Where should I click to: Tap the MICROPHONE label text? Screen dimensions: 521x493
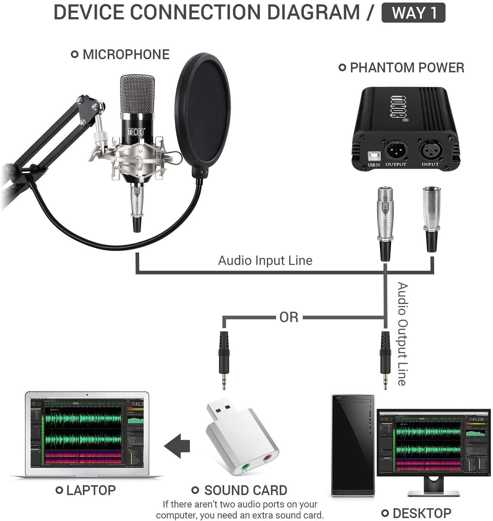point(126,54)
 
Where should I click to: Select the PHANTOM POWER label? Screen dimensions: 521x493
point(407,68)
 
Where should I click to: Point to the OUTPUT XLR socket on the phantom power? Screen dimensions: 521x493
point(395,149)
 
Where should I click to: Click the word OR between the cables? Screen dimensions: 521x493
point(288,317)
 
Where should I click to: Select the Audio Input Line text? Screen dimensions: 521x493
point(265,260)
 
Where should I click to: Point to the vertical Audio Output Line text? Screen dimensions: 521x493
point(402,334)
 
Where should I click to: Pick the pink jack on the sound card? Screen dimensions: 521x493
point(268,457)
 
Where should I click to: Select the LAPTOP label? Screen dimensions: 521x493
point(91,490)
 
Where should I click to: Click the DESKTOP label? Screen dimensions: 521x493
point(421,513)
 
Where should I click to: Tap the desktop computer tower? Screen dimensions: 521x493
point(353,446)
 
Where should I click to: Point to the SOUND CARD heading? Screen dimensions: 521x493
point(245,490)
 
